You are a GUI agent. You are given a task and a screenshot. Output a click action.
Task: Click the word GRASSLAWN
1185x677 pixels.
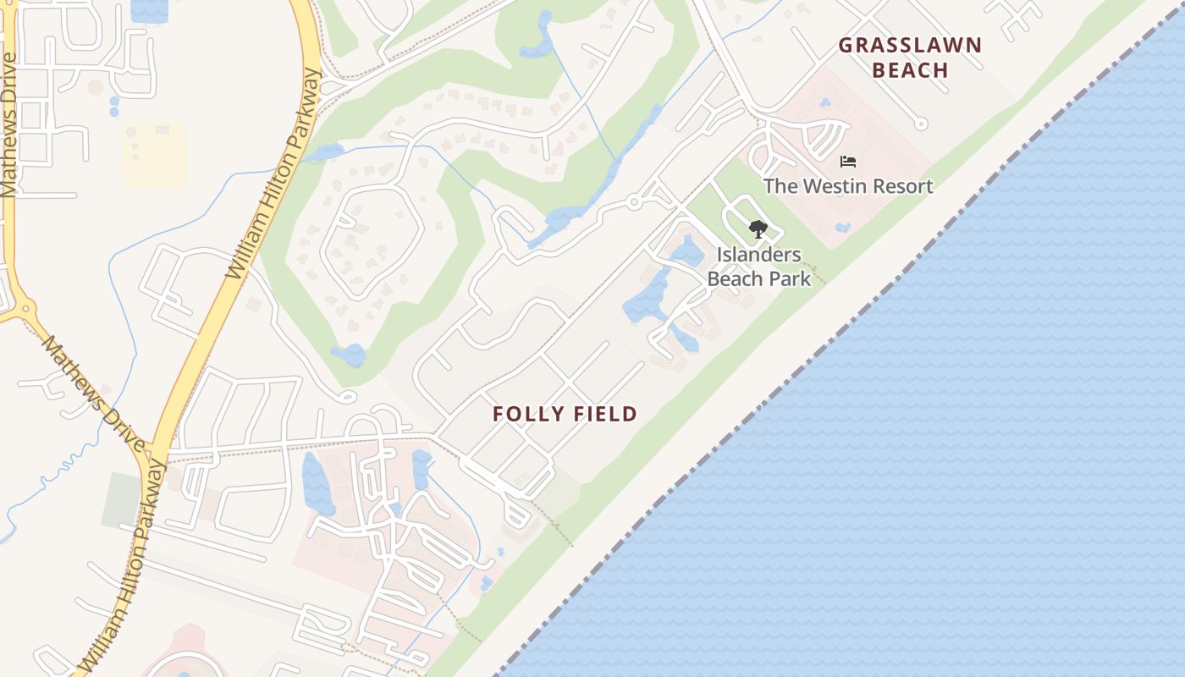(x=910, y=45)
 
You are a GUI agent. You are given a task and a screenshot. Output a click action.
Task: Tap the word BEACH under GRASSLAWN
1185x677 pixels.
(x=910, y=70)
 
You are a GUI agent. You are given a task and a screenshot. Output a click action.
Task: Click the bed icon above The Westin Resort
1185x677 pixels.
(x=848, y=161)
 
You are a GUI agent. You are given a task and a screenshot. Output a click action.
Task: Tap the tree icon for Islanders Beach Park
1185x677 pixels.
(x=758, y=228)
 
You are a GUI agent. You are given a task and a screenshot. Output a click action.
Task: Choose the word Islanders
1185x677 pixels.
(x=759, y=254)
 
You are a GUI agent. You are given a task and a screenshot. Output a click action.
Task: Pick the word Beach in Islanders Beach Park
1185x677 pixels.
(x=735, y=278)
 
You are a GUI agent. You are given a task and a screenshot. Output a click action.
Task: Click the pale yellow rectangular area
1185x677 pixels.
(x=155, y=155)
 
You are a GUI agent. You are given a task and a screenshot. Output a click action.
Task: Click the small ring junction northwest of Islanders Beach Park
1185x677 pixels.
(x=633, y=201)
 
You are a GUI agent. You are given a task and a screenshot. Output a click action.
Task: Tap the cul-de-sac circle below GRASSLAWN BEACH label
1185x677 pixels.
(x=921, y=124)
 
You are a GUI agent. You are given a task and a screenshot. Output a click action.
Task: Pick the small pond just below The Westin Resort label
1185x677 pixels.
(x=842, y=227)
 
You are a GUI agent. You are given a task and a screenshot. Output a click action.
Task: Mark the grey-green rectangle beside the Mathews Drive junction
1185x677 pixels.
(x=120, y=499)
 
